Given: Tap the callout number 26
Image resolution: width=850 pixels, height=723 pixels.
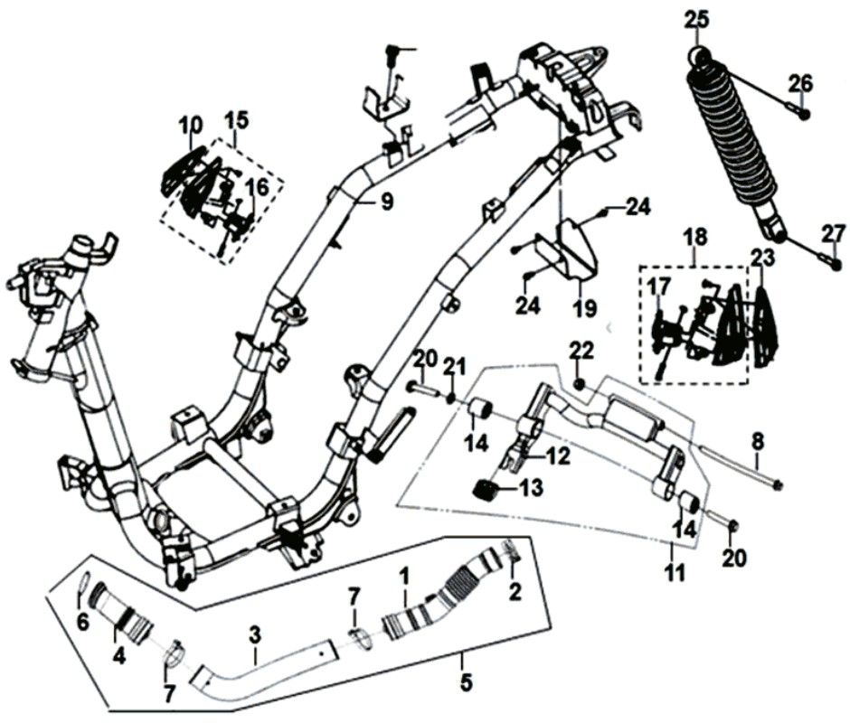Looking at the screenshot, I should pos(799,84).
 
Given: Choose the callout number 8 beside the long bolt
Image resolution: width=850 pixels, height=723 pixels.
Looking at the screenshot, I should pos(758,443).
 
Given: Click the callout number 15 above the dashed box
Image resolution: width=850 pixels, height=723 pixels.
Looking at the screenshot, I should pos(236,119).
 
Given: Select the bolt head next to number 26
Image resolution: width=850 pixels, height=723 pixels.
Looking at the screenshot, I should pos(805,113).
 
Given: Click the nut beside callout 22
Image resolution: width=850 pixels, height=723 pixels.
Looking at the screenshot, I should pos(579,386).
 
